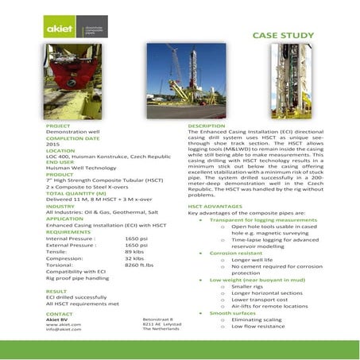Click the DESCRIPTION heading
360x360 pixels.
click(207, 126)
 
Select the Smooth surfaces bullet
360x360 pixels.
click(232, 313)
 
